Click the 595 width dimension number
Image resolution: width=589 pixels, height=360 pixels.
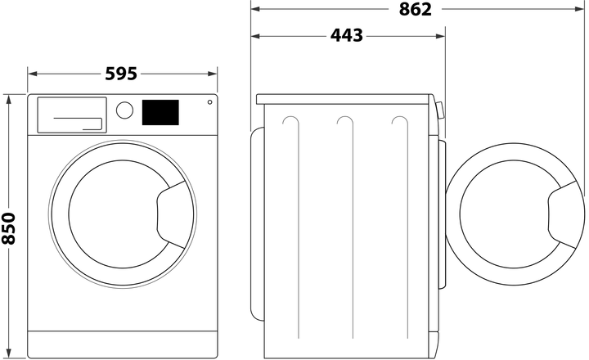tap(121, 74)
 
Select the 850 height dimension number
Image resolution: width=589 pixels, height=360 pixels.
tap(9, 229)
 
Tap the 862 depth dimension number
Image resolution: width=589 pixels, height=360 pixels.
tap(416, 10)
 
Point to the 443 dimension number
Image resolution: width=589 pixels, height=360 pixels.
tap(347, 36)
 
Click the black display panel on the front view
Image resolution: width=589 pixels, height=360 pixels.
tap(160, 112)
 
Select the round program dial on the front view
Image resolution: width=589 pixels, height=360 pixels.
tap(125, 110)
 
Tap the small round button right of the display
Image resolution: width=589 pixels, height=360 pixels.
tap(210, 103)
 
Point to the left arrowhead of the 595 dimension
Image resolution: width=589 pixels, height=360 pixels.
tap(32, 74)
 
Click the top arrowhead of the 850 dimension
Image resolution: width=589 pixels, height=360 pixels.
tap(9, 99)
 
